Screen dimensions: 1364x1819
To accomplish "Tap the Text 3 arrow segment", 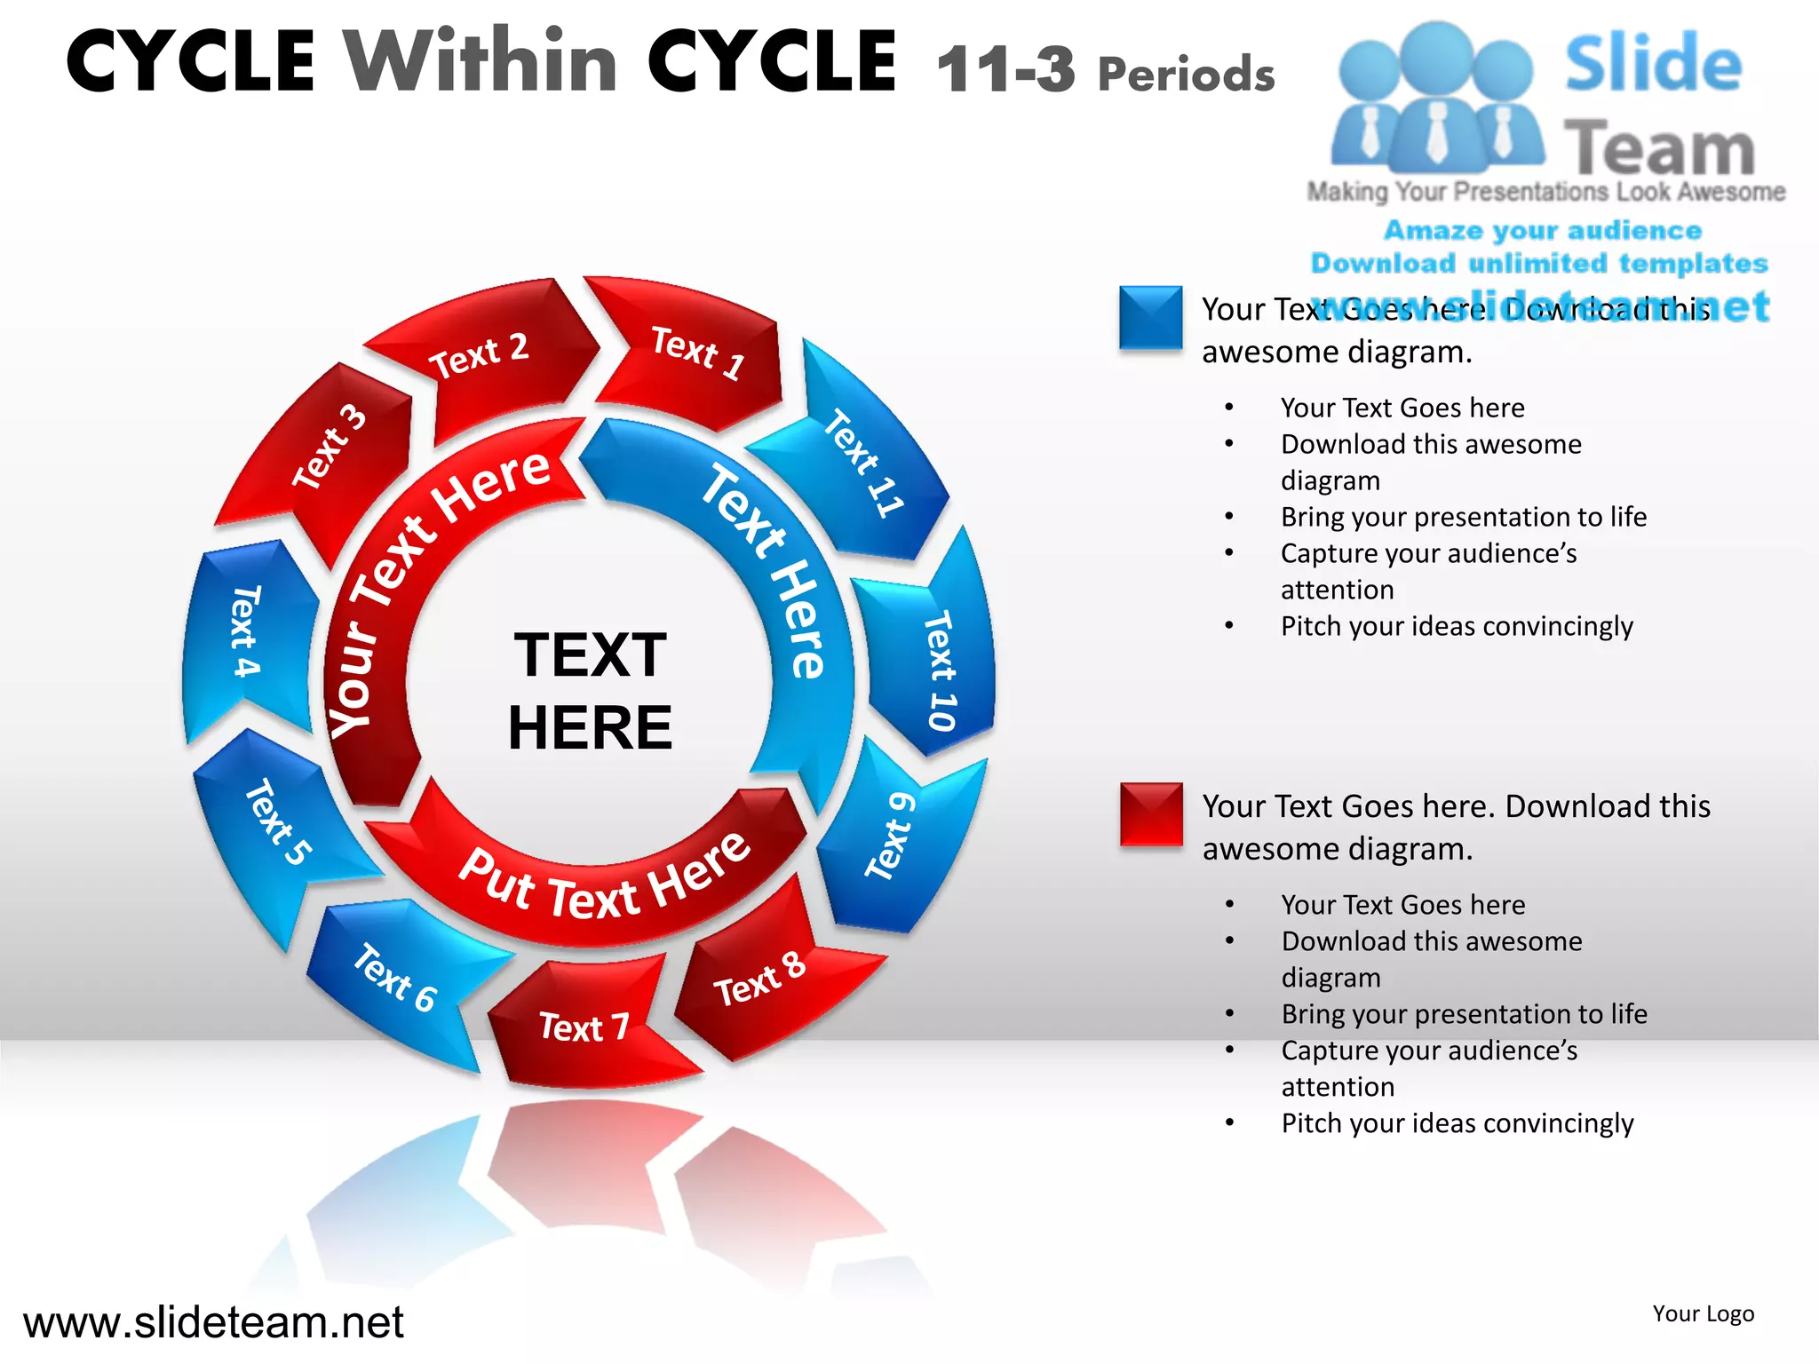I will click(329, 448).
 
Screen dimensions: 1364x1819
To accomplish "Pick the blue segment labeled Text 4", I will click(245, 632).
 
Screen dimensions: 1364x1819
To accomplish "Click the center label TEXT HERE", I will click(590, 691).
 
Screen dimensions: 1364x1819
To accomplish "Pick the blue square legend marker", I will click(1150, 317).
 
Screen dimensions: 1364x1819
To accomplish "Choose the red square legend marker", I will click(1150, 814).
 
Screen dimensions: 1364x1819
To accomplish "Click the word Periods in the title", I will click(1187, 75).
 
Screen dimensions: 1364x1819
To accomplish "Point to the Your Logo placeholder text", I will click(1703, 1313).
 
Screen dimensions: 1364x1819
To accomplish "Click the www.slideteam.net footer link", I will click(213, 1322).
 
